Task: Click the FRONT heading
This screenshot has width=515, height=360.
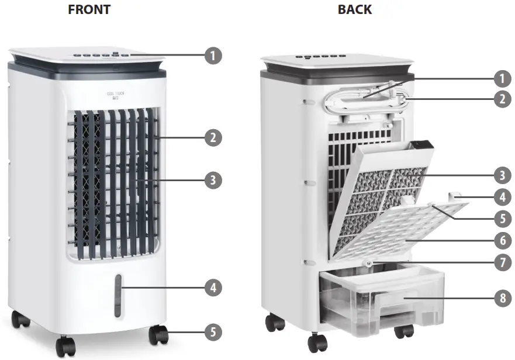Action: click(89, 9)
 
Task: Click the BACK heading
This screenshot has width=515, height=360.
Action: click(354, 9)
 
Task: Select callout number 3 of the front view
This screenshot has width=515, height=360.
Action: click(213, 180)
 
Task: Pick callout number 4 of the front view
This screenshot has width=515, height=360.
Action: click(213, 287)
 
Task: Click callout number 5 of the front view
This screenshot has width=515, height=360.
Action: click(213, 333)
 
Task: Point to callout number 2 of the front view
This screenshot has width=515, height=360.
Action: click(213, 138)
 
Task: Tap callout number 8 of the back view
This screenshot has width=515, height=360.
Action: click(501, 298)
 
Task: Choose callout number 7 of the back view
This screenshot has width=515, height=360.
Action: click(501, 262)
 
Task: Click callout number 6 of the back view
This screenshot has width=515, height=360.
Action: click(501, 239)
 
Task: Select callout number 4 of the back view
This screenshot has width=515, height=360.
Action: click(501, 196)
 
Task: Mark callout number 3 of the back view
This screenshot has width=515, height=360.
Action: click(501, 174)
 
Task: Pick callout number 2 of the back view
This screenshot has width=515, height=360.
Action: click(501, 99)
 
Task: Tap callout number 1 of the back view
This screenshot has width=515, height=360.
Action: click(501, 78)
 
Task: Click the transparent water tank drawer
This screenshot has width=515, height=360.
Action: click(380, 301)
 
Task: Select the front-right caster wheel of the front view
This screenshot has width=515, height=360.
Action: click(158, 335)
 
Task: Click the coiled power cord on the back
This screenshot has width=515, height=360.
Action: click(364, 95)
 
